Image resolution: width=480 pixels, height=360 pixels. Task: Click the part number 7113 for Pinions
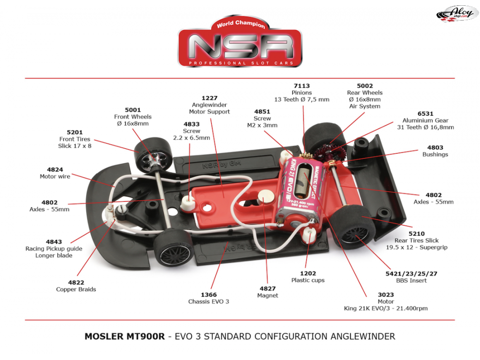point(302,86)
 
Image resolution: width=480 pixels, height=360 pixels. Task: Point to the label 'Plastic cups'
point(308,280)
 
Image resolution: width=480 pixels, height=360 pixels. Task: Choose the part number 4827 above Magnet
point(267,288)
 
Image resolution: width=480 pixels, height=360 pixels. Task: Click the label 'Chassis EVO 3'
point(209,301)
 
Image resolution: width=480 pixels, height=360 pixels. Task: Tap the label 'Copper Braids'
point(76,289)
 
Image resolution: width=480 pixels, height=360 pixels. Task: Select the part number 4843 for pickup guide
point(54,242)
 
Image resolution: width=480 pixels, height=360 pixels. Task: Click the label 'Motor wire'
point(55,177)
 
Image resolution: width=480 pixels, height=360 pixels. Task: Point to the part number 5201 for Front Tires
point(75,132)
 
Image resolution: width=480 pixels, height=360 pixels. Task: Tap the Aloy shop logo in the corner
point(457,13)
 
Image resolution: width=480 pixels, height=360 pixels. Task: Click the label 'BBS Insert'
point(411,280)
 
